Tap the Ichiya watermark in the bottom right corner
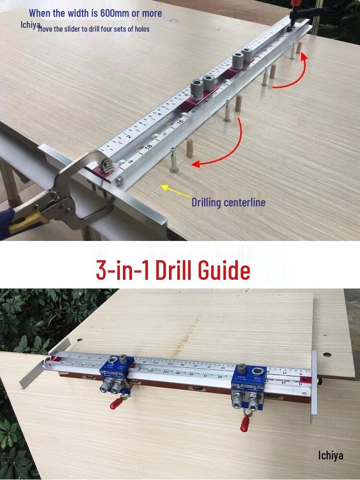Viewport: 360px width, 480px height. tap(331, 455)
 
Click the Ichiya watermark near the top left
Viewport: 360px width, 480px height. tap(30, 24)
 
